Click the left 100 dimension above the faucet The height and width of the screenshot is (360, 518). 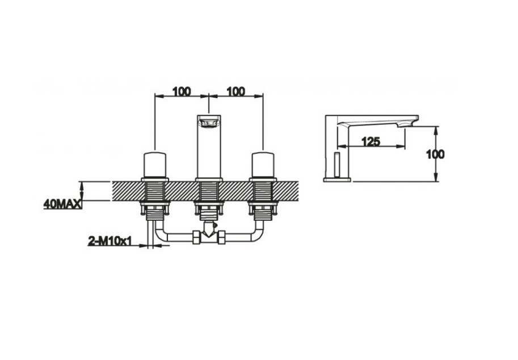point(182,91)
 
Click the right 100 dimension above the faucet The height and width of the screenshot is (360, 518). point(236,91)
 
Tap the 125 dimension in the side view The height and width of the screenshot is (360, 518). point(371,141)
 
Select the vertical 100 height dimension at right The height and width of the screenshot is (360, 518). point(435,154)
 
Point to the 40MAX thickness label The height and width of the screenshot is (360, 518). point(62,204)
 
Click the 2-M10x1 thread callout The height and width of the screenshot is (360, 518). point(110,241)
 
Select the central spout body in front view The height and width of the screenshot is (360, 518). point(209,146)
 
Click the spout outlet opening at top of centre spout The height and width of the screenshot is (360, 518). point(209,122)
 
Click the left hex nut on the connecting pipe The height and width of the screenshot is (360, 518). point(196,238)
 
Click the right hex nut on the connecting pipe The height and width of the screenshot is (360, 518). point(221,238)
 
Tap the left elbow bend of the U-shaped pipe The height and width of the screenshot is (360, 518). point(159,236)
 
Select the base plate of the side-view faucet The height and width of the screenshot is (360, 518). point(336,179)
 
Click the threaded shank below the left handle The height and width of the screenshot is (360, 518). point(155,198)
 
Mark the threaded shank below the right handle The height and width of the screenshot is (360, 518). point(263,198)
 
